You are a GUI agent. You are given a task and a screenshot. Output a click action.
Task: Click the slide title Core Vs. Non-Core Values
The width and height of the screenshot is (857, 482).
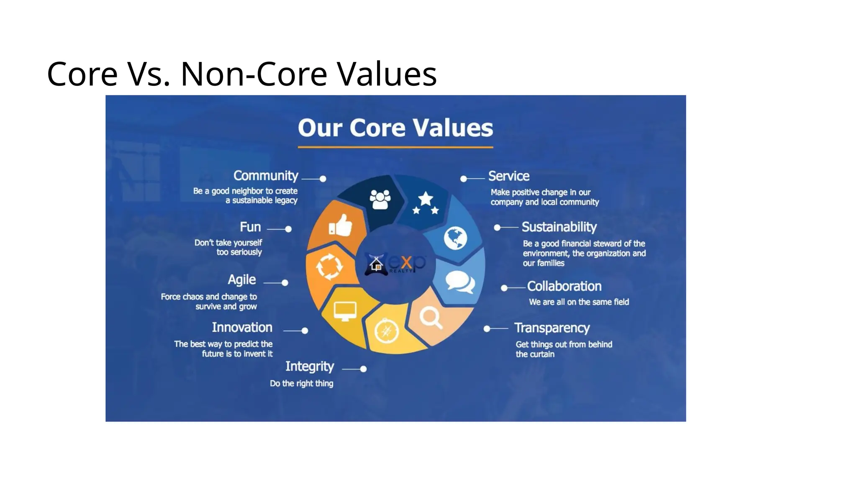241,74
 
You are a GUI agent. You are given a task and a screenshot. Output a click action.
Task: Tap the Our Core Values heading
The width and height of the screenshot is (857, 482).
395,128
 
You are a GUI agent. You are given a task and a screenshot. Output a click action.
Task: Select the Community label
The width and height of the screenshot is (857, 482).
266,176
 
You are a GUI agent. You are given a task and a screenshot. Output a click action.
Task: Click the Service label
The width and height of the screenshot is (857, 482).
509,176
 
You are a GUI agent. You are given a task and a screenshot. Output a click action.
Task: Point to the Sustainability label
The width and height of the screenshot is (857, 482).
559,227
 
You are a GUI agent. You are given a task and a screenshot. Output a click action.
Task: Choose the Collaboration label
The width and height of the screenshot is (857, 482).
564,286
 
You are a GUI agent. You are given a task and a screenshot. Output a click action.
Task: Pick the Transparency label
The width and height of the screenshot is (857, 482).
552,328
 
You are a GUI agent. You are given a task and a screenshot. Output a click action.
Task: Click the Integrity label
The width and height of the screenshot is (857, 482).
310,367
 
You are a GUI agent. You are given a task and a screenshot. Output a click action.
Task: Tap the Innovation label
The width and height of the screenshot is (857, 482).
242,327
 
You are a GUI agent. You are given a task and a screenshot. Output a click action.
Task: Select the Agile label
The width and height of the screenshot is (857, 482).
242,279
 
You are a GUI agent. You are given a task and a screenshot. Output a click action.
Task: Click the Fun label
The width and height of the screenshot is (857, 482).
250,227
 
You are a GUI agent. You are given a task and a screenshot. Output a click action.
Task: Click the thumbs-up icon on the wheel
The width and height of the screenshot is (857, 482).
341,226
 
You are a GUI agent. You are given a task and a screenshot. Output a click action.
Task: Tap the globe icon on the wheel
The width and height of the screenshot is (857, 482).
455,238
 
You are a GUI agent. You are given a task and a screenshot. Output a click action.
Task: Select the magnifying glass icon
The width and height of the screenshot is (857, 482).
431,318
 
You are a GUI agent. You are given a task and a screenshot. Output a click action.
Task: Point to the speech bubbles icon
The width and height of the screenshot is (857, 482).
459,281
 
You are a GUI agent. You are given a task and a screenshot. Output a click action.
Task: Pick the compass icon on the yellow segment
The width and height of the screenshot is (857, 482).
386,331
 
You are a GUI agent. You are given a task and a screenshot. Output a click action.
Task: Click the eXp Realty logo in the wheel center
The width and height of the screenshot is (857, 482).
395,264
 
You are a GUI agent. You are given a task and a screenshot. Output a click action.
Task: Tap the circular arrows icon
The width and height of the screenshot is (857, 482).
329,267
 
